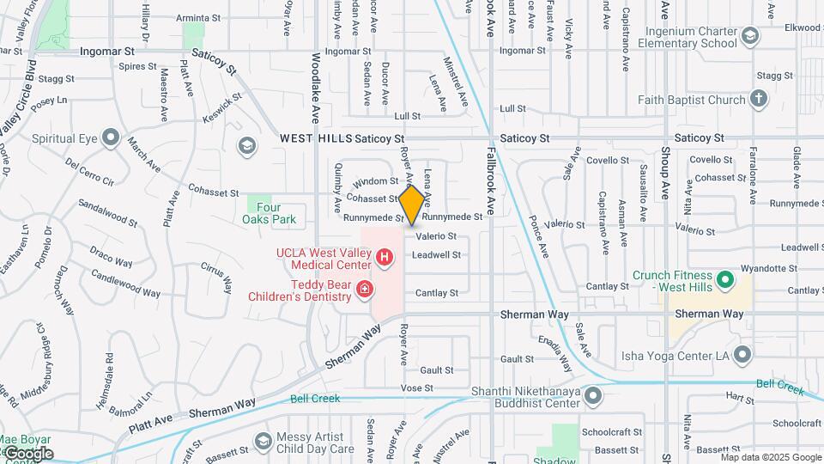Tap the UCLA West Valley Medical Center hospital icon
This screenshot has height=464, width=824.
(385, 257)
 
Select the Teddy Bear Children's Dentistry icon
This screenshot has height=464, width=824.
(366, 290)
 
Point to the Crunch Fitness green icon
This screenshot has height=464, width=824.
(725, 279)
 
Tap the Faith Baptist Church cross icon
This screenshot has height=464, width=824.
(758, 99)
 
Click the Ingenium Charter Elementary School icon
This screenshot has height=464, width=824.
(751, 35)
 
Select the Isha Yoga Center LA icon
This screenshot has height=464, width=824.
(742, 354)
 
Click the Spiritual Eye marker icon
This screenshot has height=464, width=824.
(110, 137)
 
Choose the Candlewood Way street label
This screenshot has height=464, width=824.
(125, 287)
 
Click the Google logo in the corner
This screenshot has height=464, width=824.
(27, 453)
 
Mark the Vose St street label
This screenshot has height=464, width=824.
(416, 388)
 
